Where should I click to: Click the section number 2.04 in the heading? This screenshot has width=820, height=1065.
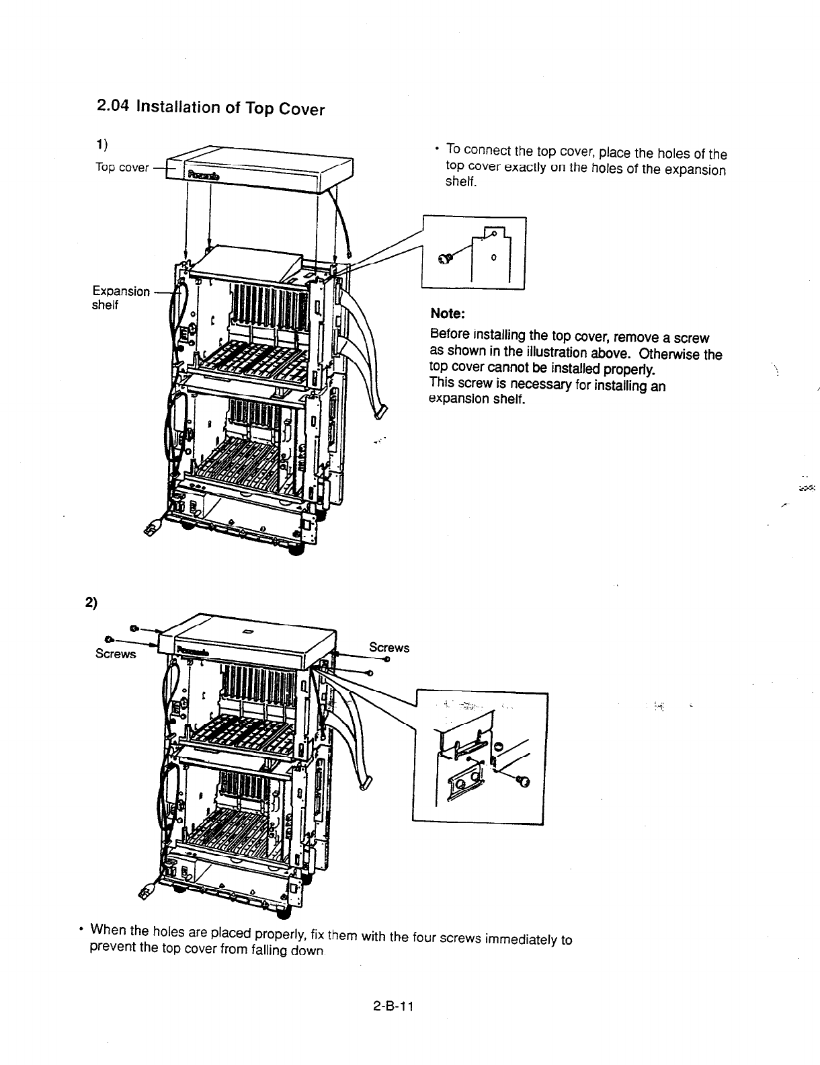pos(113,106)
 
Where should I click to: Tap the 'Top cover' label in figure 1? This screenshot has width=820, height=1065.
pos(121,167)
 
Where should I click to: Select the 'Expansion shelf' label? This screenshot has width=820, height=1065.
pos(120,297)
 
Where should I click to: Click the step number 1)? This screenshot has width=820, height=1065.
pos(101,144)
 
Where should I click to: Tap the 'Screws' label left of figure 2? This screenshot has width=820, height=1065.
pos(116,654)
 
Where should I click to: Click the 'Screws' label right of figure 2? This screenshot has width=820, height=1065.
pos(389,647)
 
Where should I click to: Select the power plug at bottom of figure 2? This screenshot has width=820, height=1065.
pos(145,892)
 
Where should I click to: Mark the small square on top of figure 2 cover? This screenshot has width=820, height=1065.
pos(247,631)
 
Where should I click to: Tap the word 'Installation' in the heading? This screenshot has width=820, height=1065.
pos(176,107)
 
